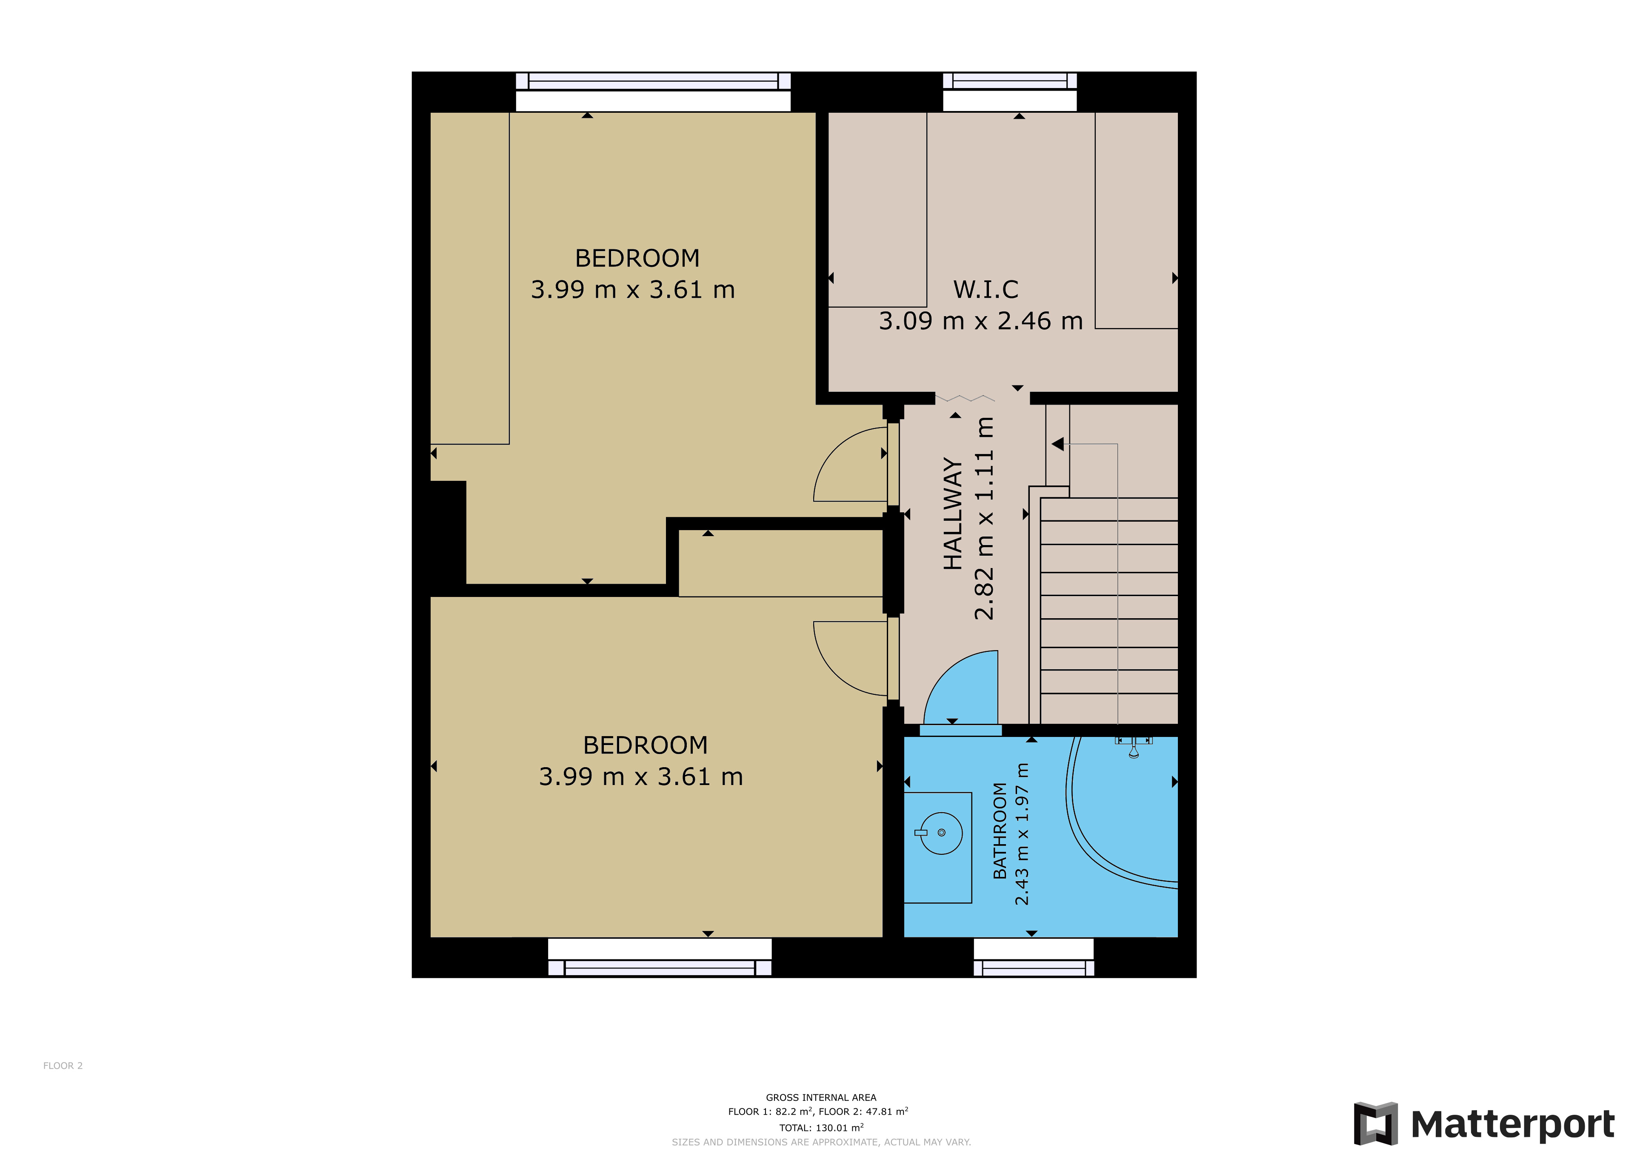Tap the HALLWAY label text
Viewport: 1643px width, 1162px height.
coord(952,514)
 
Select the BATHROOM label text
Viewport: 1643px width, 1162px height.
coord(1000,831)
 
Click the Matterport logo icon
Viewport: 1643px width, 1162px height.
coord(1375,1124)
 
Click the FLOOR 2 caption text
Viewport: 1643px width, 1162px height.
coord(63,1065)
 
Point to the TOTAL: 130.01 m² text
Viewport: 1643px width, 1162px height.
coord(821,1128)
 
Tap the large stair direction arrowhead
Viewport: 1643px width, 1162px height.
coord(1057,444)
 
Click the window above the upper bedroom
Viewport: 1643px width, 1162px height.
coord(653,91)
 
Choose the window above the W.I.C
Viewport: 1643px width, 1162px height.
coord(1010,91)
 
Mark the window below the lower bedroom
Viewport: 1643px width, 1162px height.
coord(660,957)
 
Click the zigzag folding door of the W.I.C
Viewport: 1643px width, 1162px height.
coord(965,398)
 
